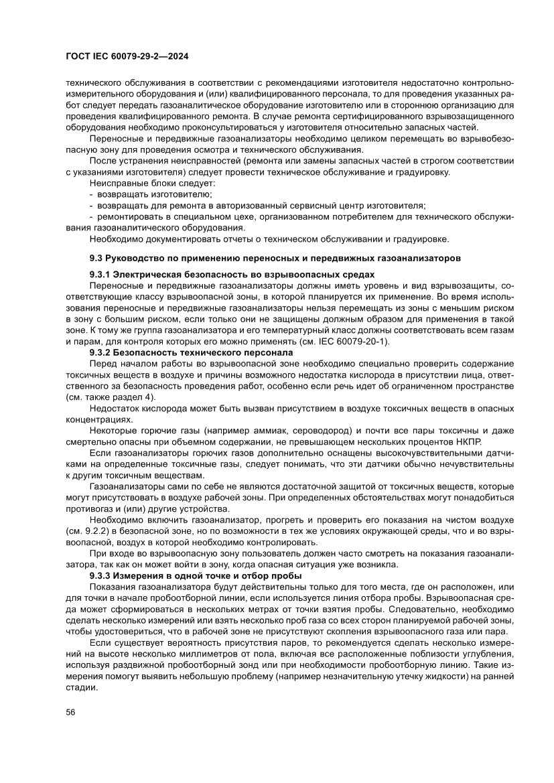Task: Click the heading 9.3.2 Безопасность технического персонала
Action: point(191,352)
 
